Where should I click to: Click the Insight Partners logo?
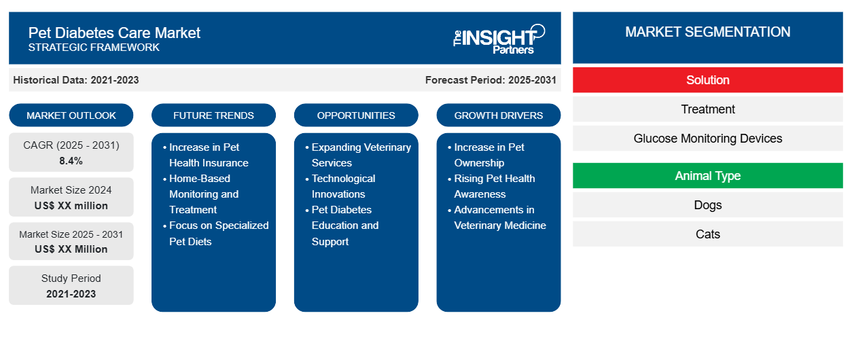tap(499, 39)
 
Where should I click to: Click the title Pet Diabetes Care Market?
tap(114, 33)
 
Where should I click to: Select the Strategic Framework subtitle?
tap(94, 48)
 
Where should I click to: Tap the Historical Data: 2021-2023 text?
tap(76, 80)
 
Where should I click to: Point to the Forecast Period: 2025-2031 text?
tap(491, 80)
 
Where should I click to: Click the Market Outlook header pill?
tap(71, 115)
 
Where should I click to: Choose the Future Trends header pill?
tap(213, 115)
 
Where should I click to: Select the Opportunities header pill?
tap(356, 115)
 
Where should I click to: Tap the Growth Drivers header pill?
tap(499, 115)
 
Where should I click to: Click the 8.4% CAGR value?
tap(71, 161)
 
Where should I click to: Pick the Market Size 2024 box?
tap(71, 197)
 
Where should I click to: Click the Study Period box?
tap(71, 285)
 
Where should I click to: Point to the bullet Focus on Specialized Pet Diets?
tap(218, 233)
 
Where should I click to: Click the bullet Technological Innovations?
tap(343, 186)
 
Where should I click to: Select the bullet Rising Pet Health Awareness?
tap(494, 186)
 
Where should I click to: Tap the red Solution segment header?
tap(707, 80)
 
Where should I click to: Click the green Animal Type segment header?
tap(707, 176)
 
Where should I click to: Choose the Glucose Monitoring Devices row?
tap(707, 139)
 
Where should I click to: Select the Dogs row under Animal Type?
tap(707, 205)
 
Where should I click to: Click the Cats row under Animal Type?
tap(707, 234)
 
